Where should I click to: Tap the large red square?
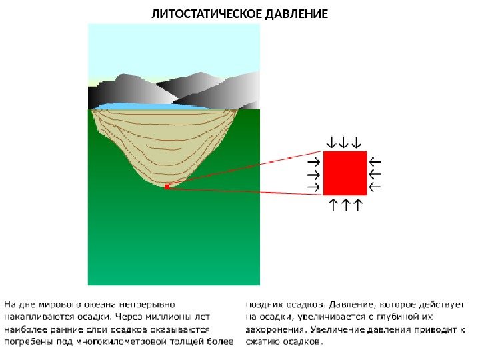[x=345, y=172]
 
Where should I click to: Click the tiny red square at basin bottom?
[x=167, y=187]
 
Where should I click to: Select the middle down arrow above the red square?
[x=343, y=142]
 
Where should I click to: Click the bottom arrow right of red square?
[x=375, y=187]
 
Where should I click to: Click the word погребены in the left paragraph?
[x=27, y=342]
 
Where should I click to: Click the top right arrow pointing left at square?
[x=375, y=161]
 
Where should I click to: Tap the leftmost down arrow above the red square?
[x=330, y=142]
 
